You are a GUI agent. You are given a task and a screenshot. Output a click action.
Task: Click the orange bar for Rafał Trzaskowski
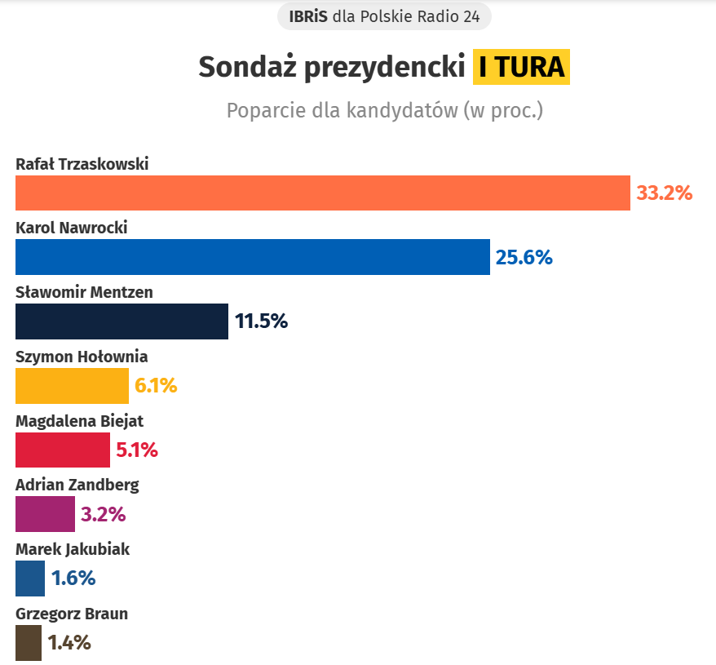click(x=323, y=193)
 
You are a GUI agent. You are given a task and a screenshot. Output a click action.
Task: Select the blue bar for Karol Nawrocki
click(x=253, y=257)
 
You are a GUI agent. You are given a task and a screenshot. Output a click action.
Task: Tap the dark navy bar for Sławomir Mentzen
click(x=122, y=321)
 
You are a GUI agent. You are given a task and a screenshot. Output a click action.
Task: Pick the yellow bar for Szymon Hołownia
click(x=72, y=386)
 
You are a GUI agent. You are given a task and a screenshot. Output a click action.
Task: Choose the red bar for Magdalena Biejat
click(x=62, y=450)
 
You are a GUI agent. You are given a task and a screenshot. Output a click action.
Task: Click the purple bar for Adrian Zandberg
click(x=45, y=514)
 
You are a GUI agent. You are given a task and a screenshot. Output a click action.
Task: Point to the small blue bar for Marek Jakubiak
click(x=30, y=579)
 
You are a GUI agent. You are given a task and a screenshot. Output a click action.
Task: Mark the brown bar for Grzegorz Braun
click(x=28, y=642)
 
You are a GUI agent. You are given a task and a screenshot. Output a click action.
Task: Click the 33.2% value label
click(x=664, y=193)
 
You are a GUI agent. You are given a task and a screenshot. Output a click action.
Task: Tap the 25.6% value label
click(x=524, y=258)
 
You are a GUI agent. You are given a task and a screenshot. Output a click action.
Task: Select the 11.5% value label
click(x=262, y=321)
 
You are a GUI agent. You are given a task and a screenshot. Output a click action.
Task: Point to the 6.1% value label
click(x=156, y=386)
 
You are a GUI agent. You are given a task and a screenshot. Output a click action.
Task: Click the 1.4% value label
click(x=69, y=643)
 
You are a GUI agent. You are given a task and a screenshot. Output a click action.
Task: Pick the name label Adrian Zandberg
click(x=77, y=485)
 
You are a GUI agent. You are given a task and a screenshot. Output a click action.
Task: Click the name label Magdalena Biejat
click(x=80, y=421)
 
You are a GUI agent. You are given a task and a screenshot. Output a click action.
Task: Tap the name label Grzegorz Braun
click(x=72, y=614)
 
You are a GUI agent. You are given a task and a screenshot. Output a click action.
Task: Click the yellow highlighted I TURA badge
click(x=521, y=67)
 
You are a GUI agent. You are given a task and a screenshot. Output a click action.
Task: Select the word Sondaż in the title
click(x=248, y=67)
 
